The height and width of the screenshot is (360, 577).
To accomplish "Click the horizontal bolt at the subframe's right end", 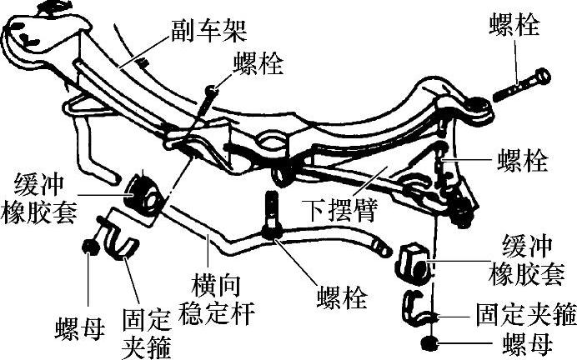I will pos(522,83).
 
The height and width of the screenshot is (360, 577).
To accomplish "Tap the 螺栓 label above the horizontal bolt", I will pos(514,25).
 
